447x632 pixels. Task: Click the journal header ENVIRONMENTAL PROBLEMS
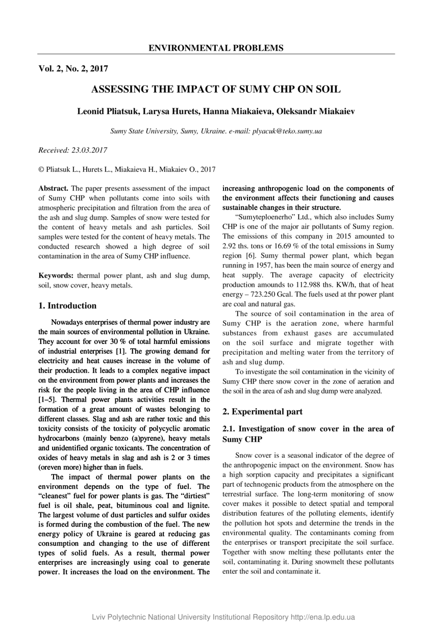[216, 48]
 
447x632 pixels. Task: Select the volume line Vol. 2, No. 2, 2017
[73, 68]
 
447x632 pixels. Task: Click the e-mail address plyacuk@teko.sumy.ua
[287, 131]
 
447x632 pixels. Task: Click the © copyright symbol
[42, 169]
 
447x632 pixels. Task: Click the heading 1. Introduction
[67, 306]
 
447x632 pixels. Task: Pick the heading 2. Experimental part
[263, 412]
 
